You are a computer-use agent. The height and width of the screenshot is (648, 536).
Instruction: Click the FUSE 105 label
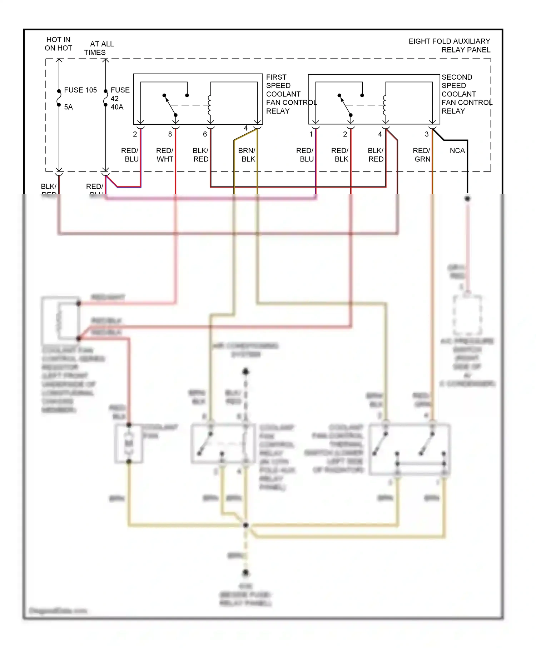click(80, 90)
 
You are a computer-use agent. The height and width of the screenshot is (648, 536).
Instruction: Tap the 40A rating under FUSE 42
click(117, 107)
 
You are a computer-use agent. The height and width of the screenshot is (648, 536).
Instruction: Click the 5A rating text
click(68, 107)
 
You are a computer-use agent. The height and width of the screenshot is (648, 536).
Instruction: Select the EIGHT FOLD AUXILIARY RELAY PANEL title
click(449, 45)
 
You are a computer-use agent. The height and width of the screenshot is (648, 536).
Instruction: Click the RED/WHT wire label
click(165, 155)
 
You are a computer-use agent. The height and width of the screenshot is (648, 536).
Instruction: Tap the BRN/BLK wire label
click(247, 155)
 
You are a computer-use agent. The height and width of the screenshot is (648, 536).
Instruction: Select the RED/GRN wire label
click(422, 155)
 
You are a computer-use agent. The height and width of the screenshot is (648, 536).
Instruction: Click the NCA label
click(457, 151)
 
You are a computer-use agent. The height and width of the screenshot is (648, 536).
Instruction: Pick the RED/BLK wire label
click(340, 155)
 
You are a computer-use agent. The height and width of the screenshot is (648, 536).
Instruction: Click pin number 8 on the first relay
click(170, 134)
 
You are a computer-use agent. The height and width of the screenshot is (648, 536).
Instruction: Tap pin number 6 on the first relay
click(205, 134)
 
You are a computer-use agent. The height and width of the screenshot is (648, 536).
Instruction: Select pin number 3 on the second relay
click(426, 134)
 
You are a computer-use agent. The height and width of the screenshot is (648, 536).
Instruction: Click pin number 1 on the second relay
click(311, 134)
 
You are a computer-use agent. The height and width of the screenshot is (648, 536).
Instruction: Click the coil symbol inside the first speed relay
click(209, 105)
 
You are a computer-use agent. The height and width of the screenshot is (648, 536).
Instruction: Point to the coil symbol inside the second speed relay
click(384, 105)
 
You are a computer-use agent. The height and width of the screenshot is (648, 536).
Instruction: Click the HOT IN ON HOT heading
click(58, 44)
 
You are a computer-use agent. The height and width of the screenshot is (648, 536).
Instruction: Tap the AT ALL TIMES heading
click(99, 48)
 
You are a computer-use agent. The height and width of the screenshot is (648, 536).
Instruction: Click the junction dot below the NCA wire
click(467, 198)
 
